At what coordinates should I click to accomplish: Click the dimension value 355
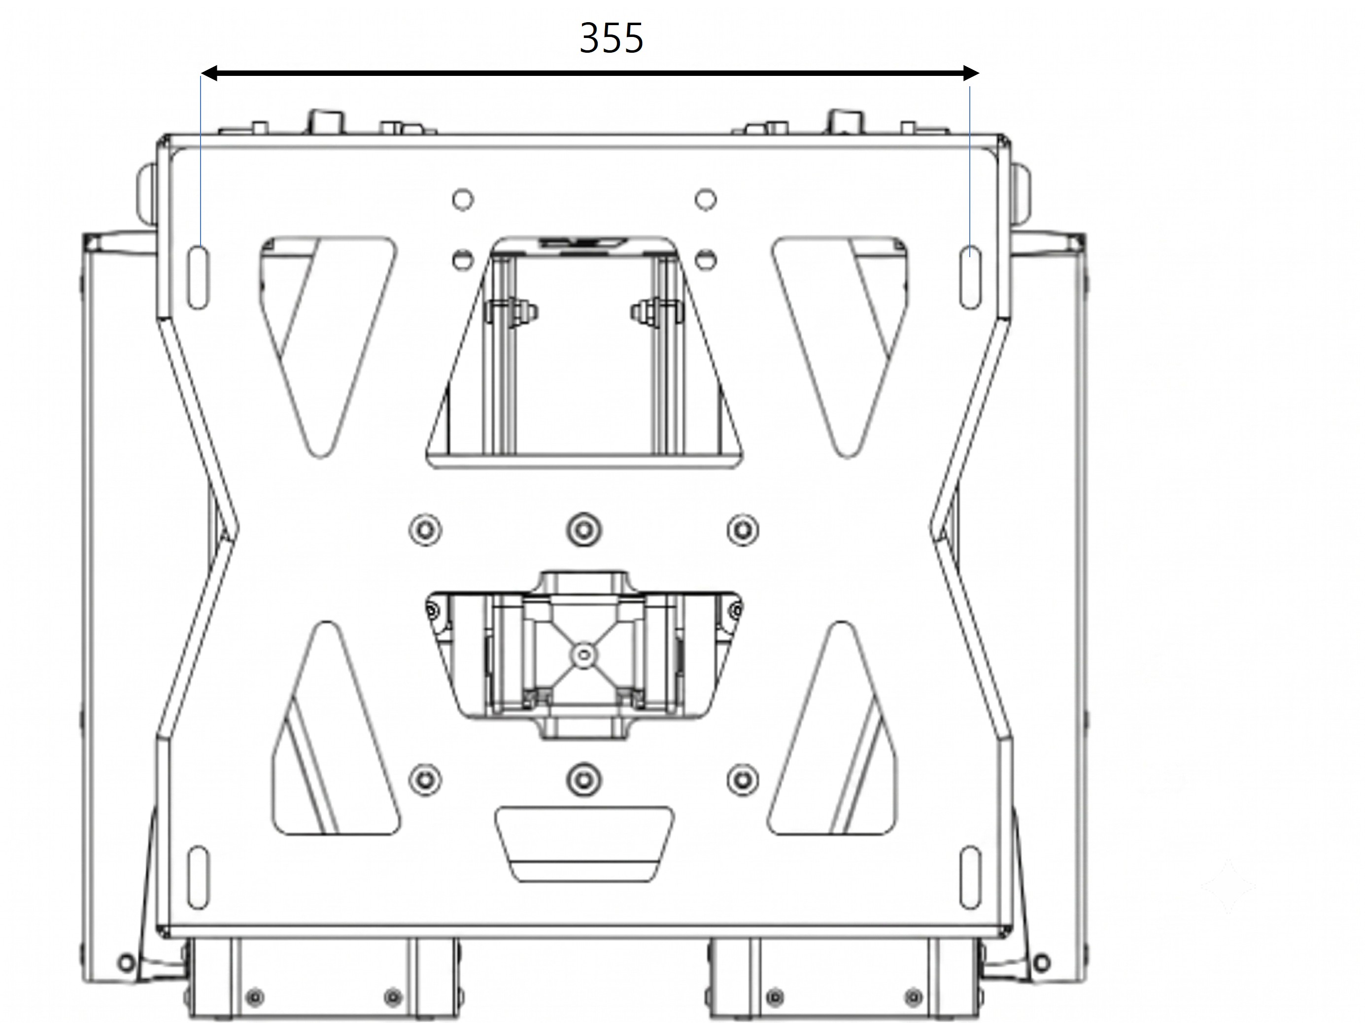(612, 38)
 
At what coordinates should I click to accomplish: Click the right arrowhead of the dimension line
(970, 73)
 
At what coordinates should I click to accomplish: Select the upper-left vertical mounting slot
(198, 277)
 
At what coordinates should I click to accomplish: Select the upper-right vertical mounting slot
(970, 277)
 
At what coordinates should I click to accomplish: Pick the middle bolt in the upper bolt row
(584, 529)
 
